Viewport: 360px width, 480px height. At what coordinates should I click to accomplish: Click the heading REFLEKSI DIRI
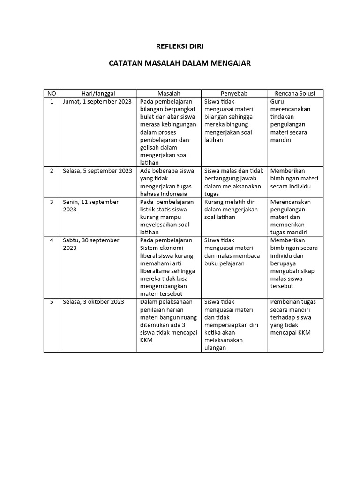pos(180,46)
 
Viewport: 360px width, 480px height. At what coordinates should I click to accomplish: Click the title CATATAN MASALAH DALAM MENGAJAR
pos(180,62)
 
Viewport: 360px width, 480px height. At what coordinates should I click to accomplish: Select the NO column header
pos(52,93)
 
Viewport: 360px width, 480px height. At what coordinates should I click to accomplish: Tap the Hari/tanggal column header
pos(98,93)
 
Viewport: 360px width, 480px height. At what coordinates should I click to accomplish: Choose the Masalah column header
pos(169,93)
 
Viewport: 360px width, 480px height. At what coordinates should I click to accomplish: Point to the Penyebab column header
pos(234,93)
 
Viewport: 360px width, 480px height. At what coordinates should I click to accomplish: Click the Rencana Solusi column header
pos(295,93)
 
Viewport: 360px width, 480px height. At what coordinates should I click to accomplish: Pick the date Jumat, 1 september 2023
pos(97,101)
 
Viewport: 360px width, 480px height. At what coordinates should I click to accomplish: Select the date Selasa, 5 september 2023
pos(97,171)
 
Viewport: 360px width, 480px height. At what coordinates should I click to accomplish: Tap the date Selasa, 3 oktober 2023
pos(94,302)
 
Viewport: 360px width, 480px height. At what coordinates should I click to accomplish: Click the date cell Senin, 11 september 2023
pos(91,205)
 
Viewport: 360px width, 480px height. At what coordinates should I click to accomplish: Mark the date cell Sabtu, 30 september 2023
pos(91,244)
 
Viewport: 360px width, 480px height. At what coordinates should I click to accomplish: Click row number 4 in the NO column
pos(52,240)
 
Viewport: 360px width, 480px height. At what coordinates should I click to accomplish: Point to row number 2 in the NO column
pos(52,171)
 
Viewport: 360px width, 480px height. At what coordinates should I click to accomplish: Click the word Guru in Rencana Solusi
pos(277,101)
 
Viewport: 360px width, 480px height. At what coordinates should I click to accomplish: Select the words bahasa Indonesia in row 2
pos(164,194)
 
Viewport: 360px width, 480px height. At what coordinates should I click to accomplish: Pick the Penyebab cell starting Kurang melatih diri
pos(232,209)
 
